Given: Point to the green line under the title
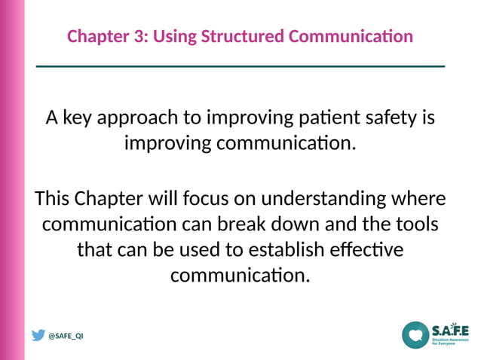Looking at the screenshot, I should coord(240,66).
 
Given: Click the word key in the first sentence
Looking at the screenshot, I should coord(79,119).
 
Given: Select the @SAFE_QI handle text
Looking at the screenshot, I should coord(66,337).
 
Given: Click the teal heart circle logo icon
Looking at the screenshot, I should coord(415,334).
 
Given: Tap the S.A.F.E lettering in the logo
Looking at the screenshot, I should coord(449,330).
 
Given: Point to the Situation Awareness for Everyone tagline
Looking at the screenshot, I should coord(449,343).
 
